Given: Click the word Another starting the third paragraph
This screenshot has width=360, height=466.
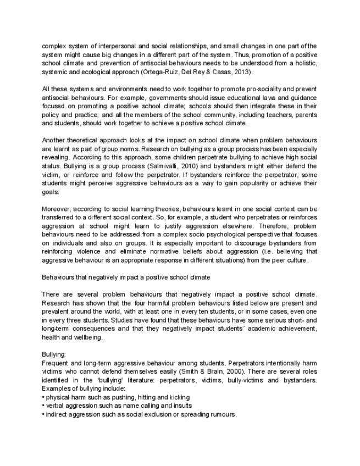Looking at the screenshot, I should pyautogui.click(x=54, y=141).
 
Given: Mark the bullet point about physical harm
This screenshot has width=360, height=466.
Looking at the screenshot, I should pyautogui.click(x=118, y=397).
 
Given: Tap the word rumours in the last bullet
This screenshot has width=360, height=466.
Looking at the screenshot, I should pyautogui.click(x=221, y=414).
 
